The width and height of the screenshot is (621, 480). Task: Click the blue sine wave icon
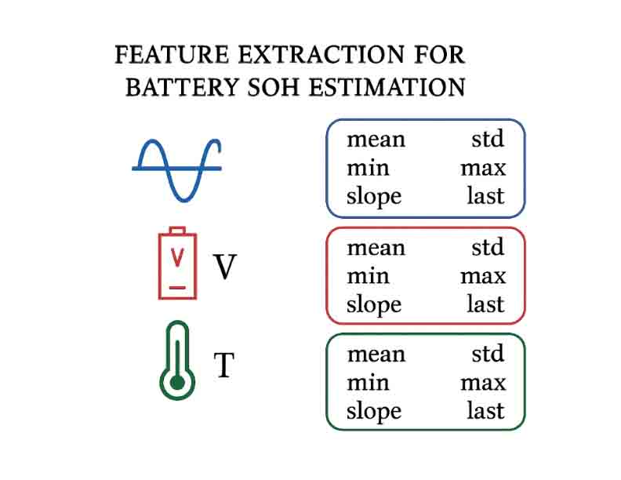(x=176, y=169)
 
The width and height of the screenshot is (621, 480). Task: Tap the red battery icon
(x=178, y=264)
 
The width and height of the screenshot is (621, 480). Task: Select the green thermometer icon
(x=177, y=360)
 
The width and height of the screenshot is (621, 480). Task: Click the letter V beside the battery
(x=225, y=268)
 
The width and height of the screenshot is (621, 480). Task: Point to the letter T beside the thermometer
(x=224, y=365)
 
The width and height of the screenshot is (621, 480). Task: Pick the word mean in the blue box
(x=376, y=140)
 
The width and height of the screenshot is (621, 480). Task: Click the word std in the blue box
(x=487, y=140)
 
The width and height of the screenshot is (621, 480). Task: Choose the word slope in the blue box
(x=374, y=197)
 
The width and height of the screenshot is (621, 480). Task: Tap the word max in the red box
(x=483, y=276)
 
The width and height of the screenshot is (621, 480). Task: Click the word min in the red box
(x=368, y=276)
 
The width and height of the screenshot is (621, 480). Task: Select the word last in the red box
(x=485, y=304)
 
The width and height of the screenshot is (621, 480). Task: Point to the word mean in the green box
(x=376, y=354)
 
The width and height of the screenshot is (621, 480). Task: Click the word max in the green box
(x=483, y=383)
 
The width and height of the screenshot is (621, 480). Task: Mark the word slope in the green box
(x=374, y=412)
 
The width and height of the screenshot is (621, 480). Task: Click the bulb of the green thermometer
(x=178, y=383)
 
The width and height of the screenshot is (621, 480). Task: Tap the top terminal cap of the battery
(x=178, y=231)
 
